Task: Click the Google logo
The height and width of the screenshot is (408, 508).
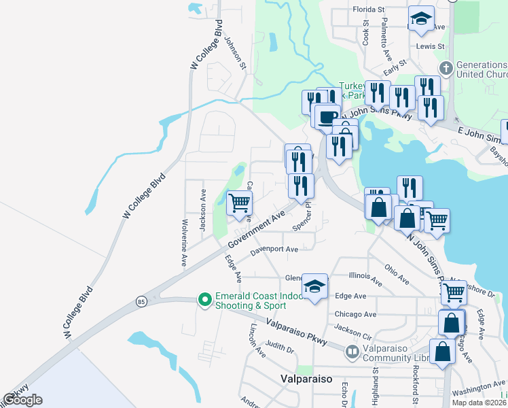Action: pyautogui.click(x=22, y=400)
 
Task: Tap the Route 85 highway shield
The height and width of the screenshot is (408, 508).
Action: pyautogui.click(x=141, y=301)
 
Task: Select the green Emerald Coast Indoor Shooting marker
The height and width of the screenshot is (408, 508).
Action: pyautogui.click(x=204, y=299)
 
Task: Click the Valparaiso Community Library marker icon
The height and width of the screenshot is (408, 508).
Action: pyautogui.click(x=352, y=352)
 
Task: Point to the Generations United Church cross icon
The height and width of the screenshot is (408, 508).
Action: pyautogui.click(x=446, y=68)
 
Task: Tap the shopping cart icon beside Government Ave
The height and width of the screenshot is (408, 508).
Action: pyautogui.click(x=239, y=202)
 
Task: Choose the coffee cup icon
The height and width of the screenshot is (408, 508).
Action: pyautogui.click(x=327, y=116)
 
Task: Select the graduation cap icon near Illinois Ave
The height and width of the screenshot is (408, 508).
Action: pyautogui.click(x=315, y=286)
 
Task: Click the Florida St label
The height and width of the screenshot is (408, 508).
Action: pyautogui.click(x=369, y=10)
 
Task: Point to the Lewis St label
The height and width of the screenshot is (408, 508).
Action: pyautogui.click(x=431, y=46)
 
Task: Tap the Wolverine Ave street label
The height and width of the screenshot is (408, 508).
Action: pyautogui.click(x=184, y=242)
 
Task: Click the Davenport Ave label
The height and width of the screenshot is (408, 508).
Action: pyautogui.click(x=274, y=250)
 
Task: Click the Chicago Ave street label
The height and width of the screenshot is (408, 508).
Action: pyautogui.click(x=356, y=314)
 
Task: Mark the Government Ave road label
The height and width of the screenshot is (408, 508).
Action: pyautogui.click(x=256, y=231)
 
